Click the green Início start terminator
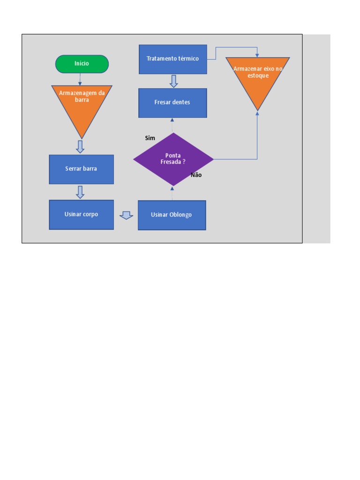[82, 64]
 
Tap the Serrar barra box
[81, 169]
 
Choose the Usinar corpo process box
[81, 215]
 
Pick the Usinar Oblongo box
[172, 215]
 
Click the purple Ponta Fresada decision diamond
[173, 159]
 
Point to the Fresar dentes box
[172, 103]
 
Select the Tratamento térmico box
[172, 59]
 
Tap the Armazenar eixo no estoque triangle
[257, 77]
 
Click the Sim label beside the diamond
[150, 138]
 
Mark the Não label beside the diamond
[196, 175]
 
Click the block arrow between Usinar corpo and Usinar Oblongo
[126, 215]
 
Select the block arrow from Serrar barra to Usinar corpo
[80, 192]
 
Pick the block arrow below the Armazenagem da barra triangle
[80, 146]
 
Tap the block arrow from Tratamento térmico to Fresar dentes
[173, 81]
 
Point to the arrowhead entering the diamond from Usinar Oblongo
[172, 188]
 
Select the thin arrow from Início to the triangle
[80, 79]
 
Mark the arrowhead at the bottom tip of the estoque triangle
[257, 113]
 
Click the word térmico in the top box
[188, 59]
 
